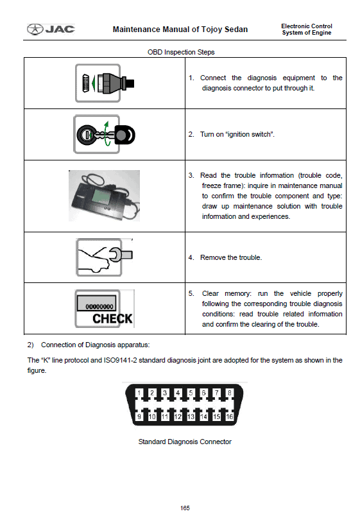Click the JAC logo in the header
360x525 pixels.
pos(51,29)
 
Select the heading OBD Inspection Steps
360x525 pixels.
pos(181,52)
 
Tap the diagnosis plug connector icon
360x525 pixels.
pos(105,83)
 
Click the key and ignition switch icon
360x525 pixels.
pos(105,134)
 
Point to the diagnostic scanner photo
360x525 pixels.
pos(104,196)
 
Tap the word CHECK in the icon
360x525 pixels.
pos(112,318)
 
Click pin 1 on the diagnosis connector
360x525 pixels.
pos(139,393)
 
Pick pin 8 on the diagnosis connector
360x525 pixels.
pos(229,393)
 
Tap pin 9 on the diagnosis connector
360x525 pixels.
pos(139,417)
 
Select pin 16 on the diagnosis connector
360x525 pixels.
pos(229,417)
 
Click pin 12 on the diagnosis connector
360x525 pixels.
pos(178,417)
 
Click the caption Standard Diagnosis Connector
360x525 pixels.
pos(185,442)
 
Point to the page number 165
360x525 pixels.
pos(185,508)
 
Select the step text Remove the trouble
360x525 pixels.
pos(231,257)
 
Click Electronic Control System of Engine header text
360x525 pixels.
pos(307,30)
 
